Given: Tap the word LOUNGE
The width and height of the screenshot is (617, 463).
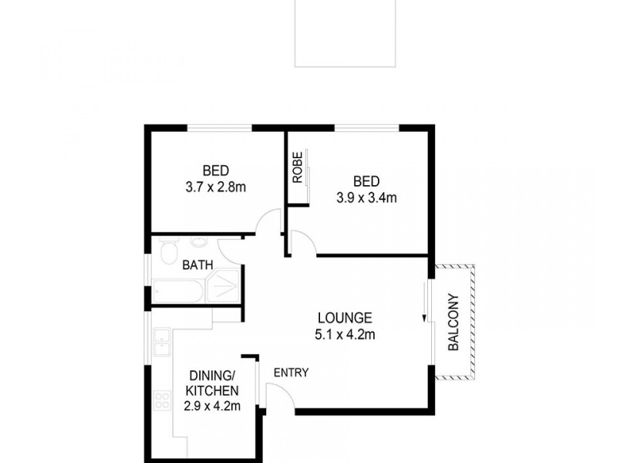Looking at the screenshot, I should click(x=345, y=318).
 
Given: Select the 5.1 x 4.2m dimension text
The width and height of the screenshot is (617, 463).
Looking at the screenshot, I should click(x=345, y=335).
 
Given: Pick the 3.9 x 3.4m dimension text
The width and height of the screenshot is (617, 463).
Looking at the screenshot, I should click(x=366, y=198).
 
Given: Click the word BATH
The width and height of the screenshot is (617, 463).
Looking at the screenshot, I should click(x=197, y=265).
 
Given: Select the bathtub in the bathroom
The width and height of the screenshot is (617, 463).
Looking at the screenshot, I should click(x=177, y=291).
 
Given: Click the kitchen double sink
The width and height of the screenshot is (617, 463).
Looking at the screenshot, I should click(x=161, y=343).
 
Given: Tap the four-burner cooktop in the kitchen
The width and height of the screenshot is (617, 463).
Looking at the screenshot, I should click(x=162, y=400).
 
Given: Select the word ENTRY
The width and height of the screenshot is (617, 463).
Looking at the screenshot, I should click(x=292, y=373).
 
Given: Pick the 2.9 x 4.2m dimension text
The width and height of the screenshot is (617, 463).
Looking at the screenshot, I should click(x=213, y=407).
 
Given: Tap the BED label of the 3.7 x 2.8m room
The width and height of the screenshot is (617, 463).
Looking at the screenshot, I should click(x=216, y=171).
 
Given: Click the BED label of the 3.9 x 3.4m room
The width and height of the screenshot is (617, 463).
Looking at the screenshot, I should click(x=366, y=181).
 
